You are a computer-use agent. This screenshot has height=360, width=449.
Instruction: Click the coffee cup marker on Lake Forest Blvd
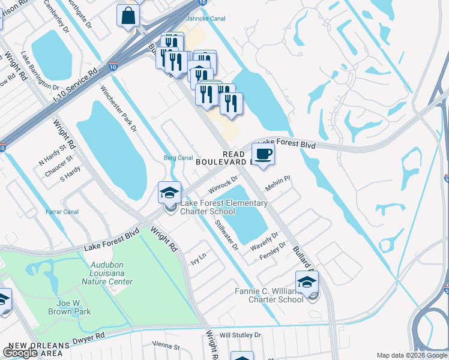click(263, 155)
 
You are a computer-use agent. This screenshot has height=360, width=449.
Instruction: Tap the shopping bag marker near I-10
click(128, 16)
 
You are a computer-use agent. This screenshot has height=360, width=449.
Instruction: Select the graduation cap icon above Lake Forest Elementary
click(170, 193)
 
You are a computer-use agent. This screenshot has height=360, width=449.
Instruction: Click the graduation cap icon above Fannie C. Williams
click(307, 282)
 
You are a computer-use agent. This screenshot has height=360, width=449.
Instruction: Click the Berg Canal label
click(178, 158)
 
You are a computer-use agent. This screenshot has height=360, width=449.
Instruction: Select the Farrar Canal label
click(62, 212)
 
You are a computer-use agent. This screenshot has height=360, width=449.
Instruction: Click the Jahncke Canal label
click(205, 19)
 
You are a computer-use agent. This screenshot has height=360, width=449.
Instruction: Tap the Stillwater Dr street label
click(227, 235)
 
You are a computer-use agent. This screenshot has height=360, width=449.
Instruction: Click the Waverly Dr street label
click(264, 241)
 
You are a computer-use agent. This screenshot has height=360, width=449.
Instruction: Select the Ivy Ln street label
click(198, 259)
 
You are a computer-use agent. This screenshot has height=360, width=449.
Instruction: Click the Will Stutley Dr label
click(241, 335)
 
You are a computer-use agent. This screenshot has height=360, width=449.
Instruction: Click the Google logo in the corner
click(20, 353)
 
